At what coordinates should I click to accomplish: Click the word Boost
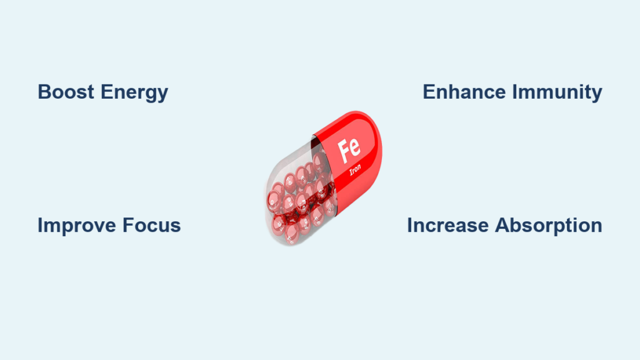point(66,92)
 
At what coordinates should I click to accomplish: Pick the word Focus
point(151,225)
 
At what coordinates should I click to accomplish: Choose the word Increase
point(447,225)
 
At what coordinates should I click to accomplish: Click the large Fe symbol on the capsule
point(349,150)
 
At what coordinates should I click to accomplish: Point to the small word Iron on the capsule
point(355,169)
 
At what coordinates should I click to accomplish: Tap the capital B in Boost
point(44,92)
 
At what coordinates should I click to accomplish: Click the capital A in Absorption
point(502,225)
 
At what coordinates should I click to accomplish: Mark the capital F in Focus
point(129,225)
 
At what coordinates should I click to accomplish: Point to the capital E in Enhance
point(429,92)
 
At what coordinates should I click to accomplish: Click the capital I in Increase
point(409,225)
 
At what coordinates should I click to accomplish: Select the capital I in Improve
point(40,225)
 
